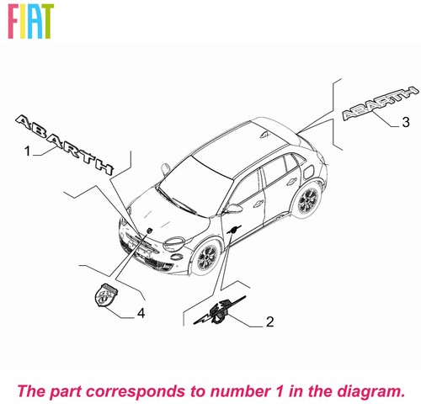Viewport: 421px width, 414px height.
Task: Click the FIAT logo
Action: [30, 21]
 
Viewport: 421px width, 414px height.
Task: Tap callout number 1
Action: [27, 151]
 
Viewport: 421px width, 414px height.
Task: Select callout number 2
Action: [269, 321]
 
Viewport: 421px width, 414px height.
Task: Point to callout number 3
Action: [406, 122]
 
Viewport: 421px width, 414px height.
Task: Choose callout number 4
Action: [141, 313]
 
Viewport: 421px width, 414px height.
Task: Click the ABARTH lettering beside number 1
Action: [65, 144]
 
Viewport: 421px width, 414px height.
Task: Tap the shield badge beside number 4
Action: [106, 295]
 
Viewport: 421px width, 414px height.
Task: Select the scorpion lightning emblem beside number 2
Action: [220, 310]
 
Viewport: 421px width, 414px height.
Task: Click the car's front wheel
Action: [207, 257]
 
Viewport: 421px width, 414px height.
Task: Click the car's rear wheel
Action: [308, 199]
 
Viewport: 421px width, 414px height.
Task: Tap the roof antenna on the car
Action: [264, 135]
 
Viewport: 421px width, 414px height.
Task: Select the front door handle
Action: [257, 203]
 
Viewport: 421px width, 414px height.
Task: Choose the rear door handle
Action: [292, 182]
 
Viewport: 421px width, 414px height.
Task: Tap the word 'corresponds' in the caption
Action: [137, 392]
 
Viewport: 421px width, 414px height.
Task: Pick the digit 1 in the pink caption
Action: [280, 390]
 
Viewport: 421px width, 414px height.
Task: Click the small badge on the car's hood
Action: [149, 231]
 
